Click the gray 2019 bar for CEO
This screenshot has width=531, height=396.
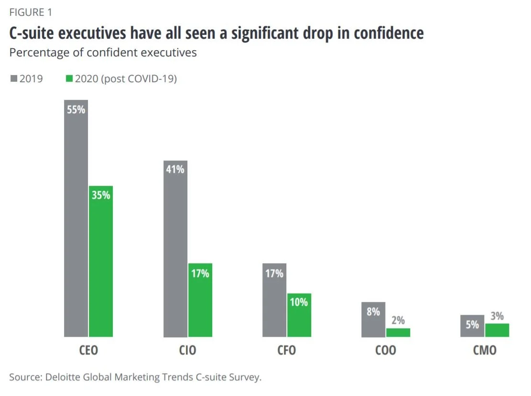[76, 218]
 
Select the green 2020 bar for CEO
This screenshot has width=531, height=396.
[101, 261]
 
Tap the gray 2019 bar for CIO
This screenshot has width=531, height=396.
[175, 249]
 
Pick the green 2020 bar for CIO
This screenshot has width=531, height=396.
[200, 300]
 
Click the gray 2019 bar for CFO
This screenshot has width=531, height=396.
[274, 300]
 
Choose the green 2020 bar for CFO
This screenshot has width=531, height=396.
[299, 315]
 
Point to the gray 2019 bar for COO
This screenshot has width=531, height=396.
[373, 320]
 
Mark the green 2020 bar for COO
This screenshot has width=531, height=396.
[398, 333]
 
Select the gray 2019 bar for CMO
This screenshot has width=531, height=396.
[472, 326]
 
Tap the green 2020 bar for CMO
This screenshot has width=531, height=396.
[497, 331]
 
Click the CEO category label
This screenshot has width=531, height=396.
[88, 350]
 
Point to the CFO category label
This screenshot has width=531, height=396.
[286, 350]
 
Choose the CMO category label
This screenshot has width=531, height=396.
[485, 350]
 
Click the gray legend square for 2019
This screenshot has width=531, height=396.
[14, 78]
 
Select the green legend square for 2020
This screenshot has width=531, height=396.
[69, 78]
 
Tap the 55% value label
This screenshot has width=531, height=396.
[76, 110]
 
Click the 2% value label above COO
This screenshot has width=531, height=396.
[398, 320]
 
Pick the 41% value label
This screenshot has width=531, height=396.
[175, 169]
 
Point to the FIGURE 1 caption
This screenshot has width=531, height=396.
[31, 12]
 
